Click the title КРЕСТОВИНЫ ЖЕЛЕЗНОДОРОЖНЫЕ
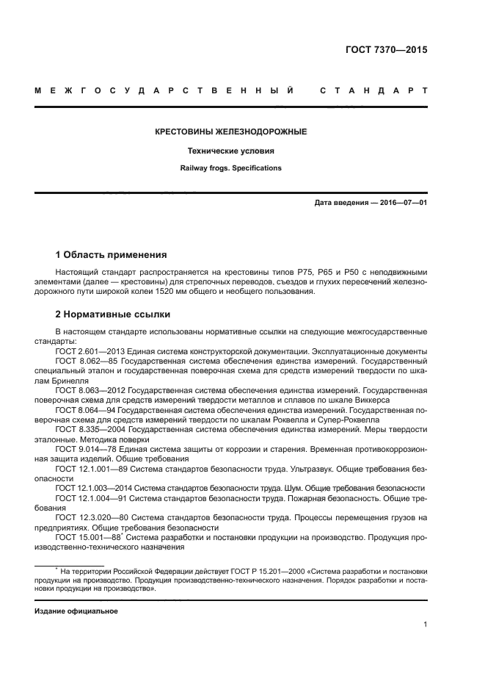(230, 132)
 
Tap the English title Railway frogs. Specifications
(230, 168)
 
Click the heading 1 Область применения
(112, 255)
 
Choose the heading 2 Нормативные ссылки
(112, 315)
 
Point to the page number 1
(425, 625)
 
